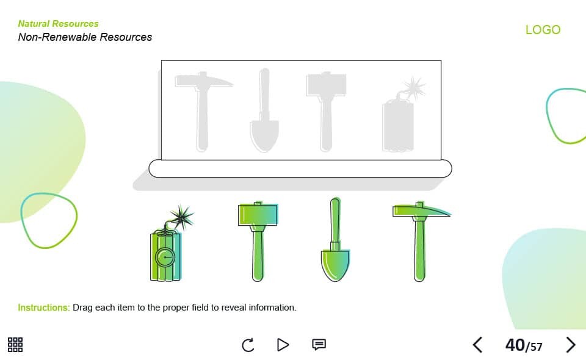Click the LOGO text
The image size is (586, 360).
click(543, 29)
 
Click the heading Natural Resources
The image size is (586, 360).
click(59, 24)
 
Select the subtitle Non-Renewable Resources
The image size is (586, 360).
click(85, 37)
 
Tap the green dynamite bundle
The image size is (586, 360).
click(165, 256)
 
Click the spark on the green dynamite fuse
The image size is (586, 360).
click(182, 217)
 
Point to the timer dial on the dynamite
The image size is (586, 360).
click(165, 257)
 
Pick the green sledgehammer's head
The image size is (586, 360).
click(258, 214)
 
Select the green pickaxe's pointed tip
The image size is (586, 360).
click(450, 214)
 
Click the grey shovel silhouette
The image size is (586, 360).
click(264, 110)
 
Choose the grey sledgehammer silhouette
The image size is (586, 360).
click(326, 111)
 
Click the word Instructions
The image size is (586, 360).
click(44, 308)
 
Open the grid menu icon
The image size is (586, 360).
click(15, 345)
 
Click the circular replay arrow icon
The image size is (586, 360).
click(248, 345)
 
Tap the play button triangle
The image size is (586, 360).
click(283, 345)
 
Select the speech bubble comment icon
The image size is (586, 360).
click(319, 344)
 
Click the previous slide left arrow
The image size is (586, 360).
click(477, 345)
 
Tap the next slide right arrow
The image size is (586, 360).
click(571, 345)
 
